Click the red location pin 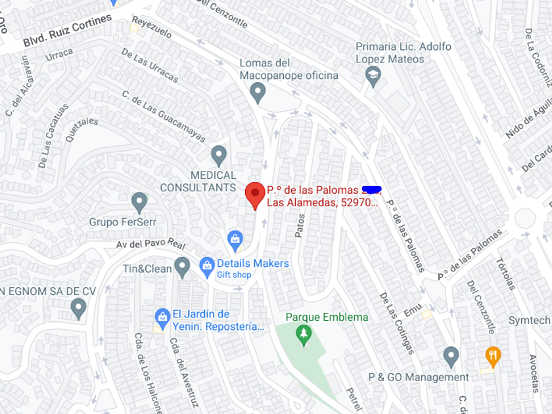click(255, 194)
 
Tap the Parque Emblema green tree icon click(303, 335)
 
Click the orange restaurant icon click(493, 356)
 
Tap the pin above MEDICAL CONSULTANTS click(219, 156)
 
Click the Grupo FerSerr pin click(139, 202)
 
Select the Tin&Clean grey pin click(183, 267)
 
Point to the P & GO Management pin click(451, 357)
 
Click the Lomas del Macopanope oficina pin click(258, 92)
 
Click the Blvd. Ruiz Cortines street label click(68, 31)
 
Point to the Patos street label click(300, 225)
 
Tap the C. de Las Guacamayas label click(164, 116)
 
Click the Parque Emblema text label click(327, 317)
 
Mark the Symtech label click(529, 320)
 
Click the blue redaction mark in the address click(371, 189)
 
